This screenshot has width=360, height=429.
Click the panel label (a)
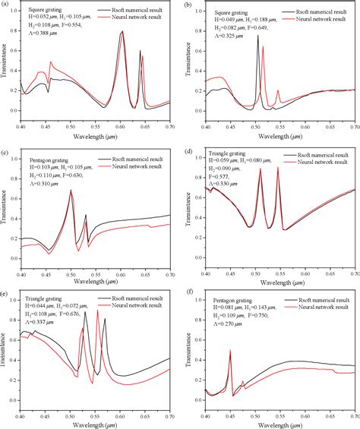5,6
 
